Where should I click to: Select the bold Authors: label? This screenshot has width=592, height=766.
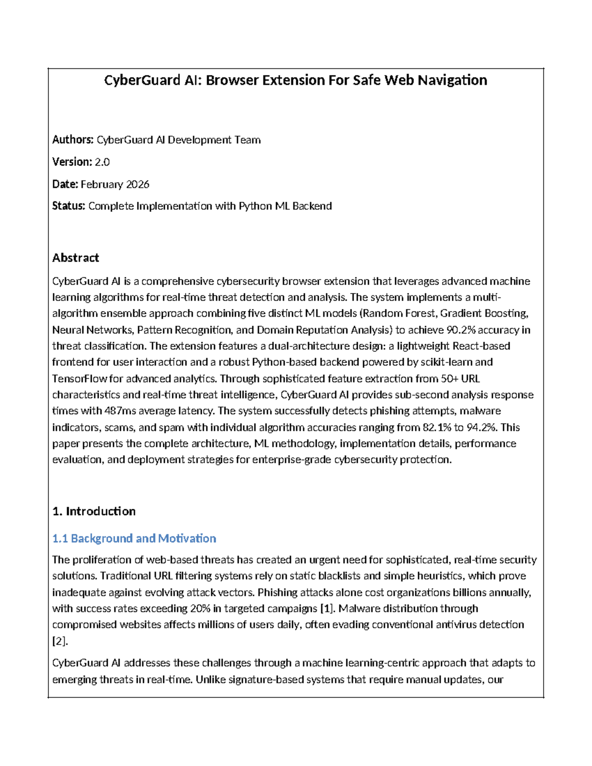pos(73,140)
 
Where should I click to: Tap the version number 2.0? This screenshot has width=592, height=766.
pos(102,162)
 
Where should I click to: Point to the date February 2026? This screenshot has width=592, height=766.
pos(115,184)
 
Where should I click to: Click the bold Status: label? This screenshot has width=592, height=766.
pos(69,206)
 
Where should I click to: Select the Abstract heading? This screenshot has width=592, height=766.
pos(75,257)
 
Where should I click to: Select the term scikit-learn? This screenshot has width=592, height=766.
pos(446,362)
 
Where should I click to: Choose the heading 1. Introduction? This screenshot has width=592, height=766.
pos(94,511)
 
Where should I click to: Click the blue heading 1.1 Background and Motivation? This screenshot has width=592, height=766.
pos(134,538)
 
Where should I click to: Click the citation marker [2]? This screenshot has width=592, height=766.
pos(60,641)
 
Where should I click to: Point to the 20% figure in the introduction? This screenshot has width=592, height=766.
pos(200,608)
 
